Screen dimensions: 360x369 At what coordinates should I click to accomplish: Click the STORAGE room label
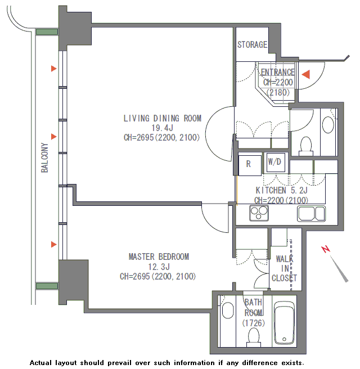tap(252, 44)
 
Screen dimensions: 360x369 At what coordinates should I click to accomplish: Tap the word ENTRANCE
tap(278, 72)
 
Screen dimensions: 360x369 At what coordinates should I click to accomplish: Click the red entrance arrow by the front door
tap(306, 74)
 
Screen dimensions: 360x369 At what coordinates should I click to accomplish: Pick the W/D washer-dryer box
tap(276, 162)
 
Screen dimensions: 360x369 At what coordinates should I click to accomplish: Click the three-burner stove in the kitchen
tap(259, 213)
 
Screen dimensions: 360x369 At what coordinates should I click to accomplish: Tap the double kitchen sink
tap(311, 213)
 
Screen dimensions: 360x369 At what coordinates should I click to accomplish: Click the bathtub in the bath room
tap(285, 323)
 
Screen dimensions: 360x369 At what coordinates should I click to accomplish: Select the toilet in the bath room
tap(254, 337)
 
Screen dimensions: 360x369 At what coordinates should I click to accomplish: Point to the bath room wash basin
tap(228, 310)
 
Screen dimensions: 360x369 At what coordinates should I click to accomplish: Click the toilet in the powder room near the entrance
tap(306, 146)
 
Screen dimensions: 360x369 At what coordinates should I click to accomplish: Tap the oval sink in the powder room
tap(328, 125)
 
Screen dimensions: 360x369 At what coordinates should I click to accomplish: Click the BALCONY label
tap(44, 157)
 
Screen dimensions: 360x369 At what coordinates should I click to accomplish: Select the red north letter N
tap(326, 249)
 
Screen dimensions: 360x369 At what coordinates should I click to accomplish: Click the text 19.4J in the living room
tap(162, 128)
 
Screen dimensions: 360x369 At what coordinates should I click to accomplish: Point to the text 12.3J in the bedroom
tap(159, 267)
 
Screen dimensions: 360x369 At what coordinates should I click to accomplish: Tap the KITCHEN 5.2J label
tap(281, 190)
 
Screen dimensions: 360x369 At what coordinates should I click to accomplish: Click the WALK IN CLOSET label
tap(284, 268)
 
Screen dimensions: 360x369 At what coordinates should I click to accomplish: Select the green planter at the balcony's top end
tap(47, 31)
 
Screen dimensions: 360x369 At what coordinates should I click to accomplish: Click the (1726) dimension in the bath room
tap(254, 323)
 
